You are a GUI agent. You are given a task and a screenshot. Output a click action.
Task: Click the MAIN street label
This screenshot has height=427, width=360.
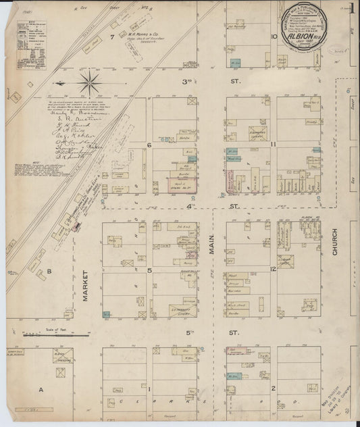click(211, 258)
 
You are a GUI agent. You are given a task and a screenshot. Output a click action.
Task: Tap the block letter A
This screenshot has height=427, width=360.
click(41, 390)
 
